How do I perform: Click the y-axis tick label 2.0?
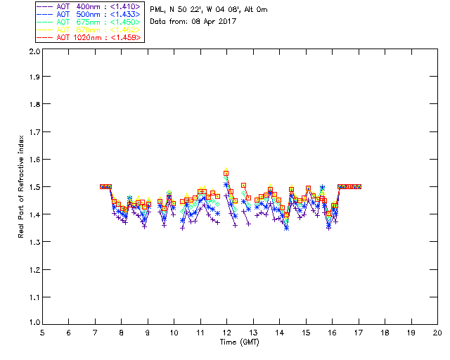33,52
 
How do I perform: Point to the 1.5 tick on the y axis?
33,188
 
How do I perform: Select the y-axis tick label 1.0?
33,323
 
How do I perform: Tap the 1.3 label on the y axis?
33,242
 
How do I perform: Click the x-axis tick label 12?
226,333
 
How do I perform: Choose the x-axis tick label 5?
42,333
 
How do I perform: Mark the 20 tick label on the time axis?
437,333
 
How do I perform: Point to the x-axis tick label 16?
332,333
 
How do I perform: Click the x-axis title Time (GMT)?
239,342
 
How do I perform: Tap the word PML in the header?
157,10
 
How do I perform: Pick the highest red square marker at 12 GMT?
226,172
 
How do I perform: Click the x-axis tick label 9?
148,333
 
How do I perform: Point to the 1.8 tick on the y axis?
33,106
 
